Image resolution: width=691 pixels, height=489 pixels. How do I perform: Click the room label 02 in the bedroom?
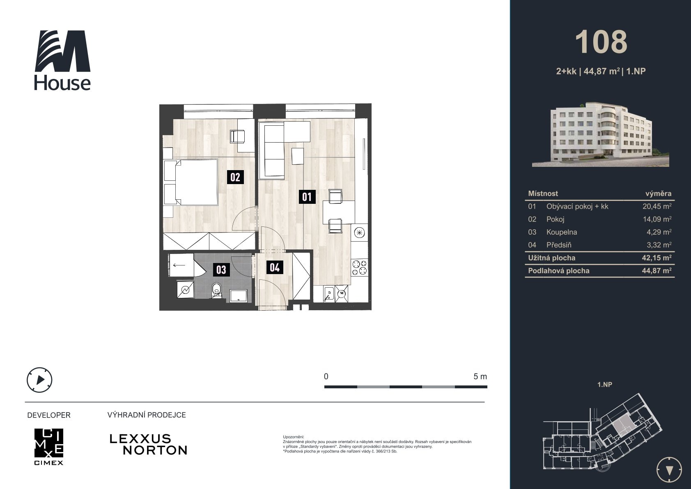coord(235,177)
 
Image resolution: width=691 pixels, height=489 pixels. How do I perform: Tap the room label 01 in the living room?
coord(307,197)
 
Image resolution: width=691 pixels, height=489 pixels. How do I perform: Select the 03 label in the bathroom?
coord(221,270)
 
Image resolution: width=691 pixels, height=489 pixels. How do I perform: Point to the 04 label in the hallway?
coord(275,267)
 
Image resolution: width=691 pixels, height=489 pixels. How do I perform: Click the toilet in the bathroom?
coord(216,291)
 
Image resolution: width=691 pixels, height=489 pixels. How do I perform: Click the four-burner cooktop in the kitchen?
coord(359,268)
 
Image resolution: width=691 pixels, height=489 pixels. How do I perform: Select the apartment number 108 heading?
coord(601,42)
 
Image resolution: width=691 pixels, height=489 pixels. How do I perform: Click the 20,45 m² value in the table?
coord(657,206)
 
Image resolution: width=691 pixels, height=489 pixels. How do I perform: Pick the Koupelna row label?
coord(561,232)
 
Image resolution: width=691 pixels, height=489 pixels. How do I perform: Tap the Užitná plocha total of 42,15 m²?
coord(657,258)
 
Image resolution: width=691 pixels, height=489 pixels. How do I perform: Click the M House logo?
coord(62,60)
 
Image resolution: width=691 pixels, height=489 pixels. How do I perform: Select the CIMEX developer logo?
coord(49,447)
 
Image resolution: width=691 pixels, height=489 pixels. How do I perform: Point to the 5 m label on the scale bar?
coord(480,377)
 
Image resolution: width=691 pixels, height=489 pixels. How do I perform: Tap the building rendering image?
coord(600,134)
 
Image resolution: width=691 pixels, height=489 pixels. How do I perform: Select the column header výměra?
coord(658,194)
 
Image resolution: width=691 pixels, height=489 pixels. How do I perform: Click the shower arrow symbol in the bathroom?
coord(179,265)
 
